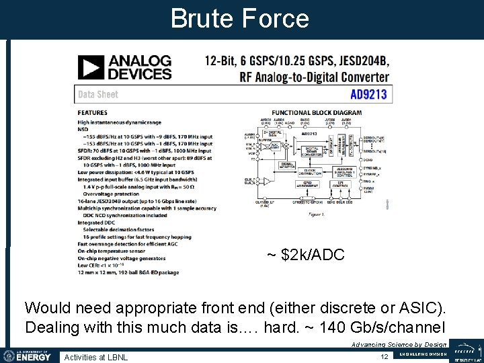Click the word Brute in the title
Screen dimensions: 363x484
point(204,18)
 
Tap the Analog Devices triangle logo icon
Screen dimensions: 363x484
point(91,68)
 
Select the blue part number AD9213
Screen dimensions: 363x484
point(368,94)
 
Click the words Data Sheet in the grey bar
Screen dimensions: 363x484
point(98,94)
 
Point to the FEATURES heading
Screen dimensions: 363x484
point(93,112)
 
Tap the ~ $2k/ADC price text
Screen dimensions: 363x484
point(305,255)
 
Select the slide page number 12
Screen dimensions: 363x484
point(385,356)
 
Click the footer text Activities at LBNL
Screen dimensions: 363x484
point(96,356)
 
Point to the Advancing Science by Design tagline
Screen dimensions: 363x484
point(399,344)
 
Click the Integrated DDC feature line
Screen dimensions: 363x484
point(100,222)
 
